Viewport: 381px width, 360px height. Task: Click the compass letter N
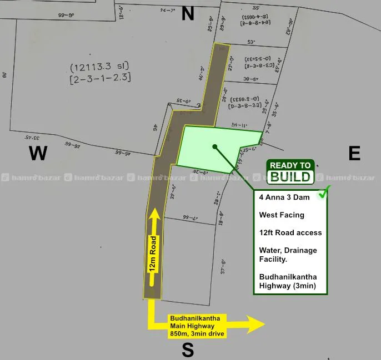click(x=188, y=14)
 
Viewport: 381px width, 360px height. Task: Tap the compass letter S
click(x=188, y=350)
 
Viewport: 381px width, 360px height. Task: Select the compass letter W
click(x=38, y=153)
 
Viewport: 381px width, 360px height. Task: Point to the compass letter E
click(x=354, y=153)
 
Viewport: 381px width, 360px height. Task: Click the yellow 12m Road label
click(x=152, y=253)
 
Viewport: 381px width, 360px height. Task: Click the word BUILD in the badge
click(x=291, y=177)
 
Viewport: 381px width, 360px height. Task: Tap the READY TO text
click(x=290, y=165)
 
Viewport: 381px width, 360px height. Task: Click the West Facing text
click(x=282, y=215)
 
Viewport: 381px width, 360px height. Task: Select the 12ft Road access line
click(x=290, y=232)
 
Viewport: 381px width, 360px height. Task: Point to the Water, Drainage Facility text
click(x=288, y=255)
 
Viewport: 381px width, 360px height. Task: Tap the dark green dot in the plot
click(x=214, y=146)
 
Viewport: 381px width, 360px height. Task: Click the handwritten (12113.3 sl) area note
click(x=101, y=68)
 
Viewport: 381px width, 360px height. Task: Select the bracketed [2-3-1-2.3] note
click(x=101, y=78)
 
